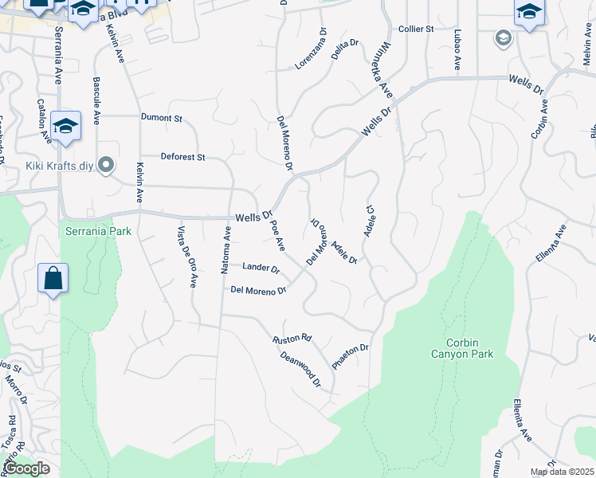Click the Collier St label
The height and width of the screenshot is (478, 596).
(x=415, y=29)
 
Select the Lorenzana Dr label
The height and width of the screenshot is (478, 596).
(x=312, y=49)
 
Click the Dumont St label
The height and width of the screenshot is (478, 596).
(x=162, y=118)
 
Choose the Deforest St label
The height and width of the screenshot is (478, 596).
(x=183, y=157)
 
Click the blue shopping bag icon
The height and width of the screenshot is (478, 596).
(x=53, y=278)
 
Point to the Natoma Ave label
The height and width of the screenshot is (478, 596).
(x=225, y=250)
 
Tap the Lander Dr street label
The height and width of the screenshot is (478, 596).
(x=261, y=268)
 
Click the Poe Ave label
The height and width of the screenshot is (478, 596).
(x=278, y=237)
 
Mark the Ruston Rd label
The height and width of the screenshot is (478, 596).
(x=292, y=339)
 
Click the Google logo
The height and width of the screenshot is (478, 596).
(x=27, y=469)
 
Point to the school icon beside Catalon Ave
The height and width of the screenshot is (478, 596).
(x=66, y=125)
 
